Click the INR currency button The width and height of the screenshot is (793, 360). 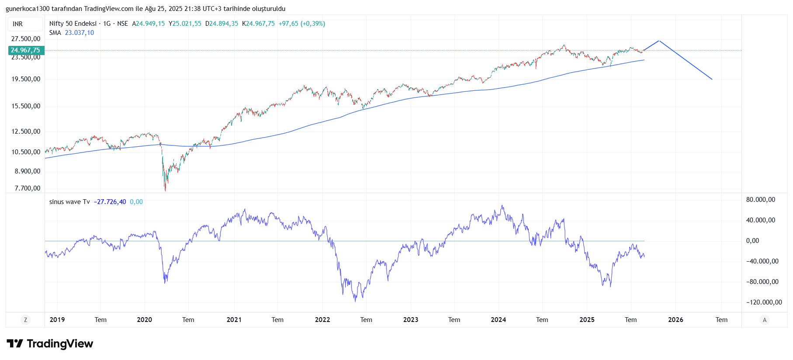[x=18, y=24]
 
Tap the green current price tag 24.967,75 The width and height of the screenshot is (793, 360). [x=25, y=50]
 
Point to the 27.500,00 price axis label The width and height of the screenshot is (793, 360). [x=26, y=39]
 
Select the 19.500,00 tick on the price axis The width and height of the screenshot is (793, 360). [x=26, y=79]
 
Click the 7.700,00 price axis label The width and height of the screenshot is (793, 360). [x=27, y=188]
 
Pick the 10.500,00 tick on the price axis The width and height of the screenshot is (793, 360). [x=26, y=152]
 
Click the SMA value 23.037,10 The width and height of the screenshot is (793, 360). [x=79, y=33]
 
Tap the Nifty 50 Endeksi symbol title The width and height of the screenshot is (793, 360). [x=73, y=24]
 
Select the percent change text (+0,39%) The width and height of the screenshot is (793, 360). [x=312, y=24]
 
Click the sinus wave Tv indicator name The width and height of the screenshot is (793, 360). [x=69, y=202]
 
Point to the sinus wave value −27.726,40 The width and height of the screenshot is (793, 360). [x=110, y=202]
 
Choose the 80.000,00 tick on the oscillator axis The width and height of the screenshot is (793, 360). [x=760, y=200]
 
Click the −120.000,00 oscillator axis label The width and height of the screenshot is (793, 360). [x=764, y=302]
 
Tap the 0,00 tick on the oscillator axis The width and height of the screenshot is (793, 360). [x=752, y=241]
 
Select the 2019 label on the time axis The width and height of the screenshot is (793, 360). [x=57, y=320]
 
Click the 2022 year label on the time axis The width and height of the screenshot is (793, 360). [x=322, y=320]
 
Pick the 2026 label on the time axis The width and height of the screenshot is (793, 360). [x=675, y=320]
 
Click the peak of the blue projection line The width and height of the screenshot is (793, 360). [x=659, y=41]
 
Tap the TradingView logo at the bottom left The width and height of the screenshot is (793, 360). [x=50, y=344]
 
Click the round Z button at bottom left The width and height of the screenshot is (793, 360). [x=25, y=320]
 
